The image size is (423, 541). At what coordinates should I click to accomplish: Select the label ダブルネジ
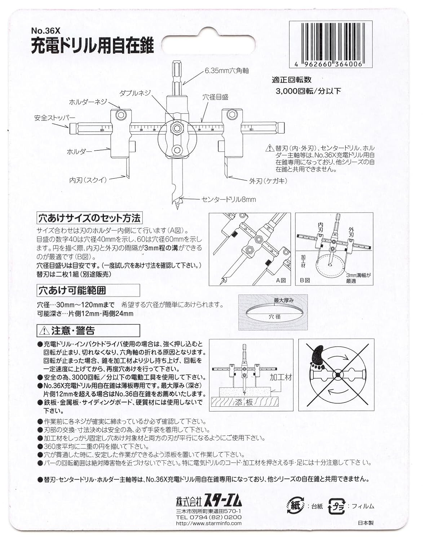tap(135, 93)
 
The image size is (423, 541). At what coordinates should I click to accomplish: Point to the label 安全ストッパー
tap(55, 118)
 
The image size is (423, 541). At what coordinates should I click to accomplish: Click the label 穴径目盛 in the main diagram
tap(215, 97)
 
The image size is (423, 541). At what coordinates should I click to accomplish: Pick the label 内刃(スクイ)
tap(88, 179)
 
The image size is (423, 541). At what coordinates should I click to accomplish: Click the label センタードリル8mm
tap(229, 199)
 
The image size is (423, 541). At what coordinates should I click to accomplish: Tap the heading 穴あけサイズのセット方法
tap(89, 218)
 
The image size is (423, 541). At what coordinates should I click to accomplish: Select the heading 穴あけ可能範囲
tap(72, 290)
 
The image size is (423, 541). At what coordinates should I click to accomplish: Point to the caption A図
tap(281, 280)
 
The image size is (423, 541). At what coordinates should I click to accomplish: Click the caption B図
tap(305, 280)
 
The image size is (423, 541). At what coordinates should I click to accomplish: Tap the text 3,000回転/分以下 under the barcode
tap(308, 91)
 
